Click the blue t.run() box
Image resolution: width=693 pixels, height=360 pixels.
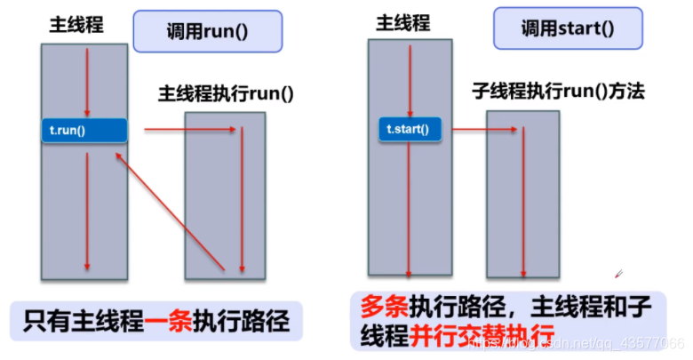click(84, 130)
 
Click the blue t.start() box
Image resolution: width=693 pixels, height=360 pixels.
click(408, 130)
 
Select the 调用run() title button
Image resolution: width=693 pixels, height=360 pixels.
click(206, 30)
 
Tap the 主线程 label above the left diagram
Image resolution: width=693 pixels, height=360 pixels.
click(76, 26)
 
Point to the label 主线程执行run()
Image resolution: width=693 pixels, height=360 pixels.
click(226, 92)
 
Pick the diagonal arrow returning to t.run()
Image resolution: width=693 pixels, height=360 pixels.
click(169, 208)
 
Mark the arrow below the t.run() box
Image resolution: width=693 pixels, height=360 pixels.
click(86, 209)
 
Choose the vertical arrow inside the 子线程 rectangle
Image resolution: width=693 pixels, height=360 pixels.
click(523, 200)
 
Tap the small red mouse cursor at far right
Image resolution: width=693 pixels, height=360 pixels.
click(619, 273)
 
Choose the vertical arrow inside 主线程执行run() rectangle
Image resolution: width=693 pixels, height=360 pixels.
click(241, 200)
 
